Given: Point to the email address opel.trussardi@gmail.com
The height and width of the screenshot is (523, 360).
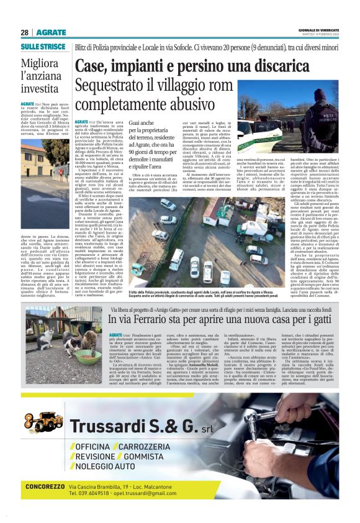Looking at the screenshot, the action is [142, 493].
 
